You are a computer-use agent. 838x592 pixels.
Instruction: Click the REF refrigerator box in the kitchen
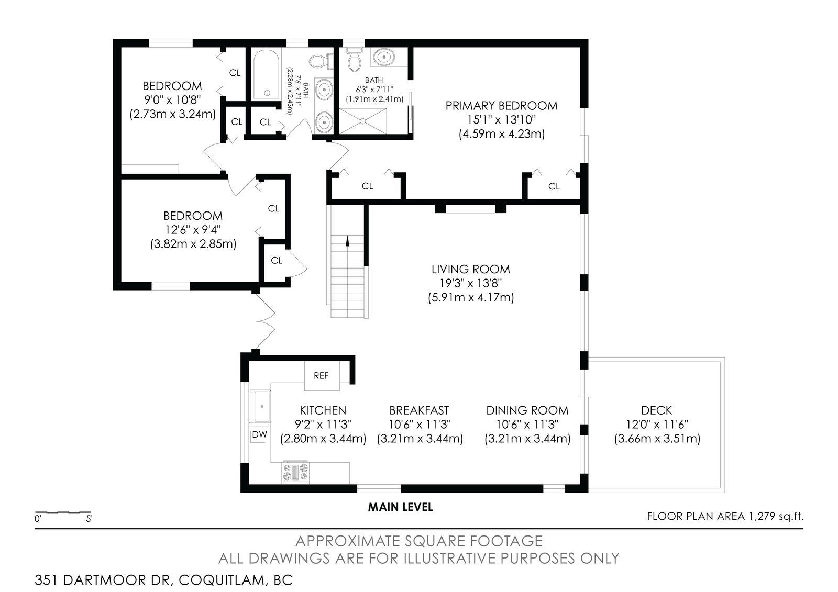click(322, 375)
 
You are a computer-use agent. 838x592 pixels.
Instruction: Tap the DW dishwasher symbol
click(260, 434)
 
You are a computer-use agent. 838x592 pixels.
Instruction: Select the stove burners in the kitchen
click(295, 472)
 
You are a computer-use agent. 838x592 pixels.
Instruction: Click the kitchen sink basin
click(262, 406)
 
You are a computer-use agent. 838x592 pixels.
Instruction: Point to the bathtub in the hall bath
click(266, 75)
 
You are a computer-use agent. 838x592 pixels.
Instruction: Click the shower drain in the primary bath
click(363, 121)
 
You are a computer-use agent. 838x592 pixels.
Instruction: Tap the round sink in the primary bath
click(383, 58)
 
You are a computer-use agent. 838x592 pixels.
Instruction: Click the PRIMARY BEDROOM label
click(501, 106)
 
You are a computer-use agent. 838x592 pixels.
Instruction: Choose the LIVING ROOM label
click(471, 269)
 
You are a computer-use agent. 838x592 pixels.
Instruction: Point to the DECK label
click(657, 410)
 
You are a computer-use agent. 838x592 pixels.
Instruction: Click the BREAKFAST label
click(419, 410)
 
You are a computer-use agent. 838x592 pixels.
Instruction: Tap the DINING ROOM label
click(527, 410)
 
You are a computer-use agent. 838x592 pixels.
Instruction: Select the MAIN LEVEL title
click(400, 507)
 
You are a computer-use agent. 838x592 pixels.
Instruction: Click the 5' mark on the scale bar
click(89, 519)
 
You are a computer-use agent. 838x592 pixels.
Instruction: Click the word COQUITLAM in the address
click(222, 580)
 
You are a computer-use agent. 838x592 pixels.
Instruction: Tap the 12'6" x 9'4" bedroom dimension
click(193, 230)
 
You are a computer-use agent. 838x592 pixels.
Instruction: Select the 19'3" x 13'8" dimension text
click(471, 283)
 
